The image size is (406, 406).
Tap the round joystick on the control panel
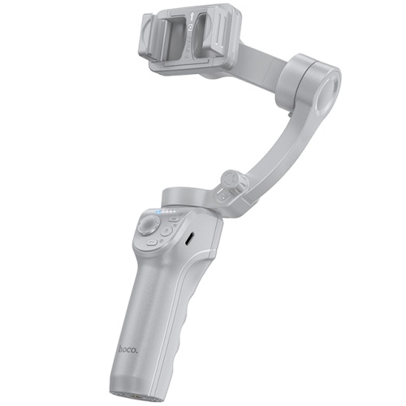(x=148, y=225)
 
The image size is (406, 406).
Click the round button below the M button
(x=166, y=231)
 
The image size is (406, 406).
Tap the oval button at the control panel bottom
(x=152, y=243)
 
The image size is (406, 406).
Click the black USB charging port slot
(x=189, y=239)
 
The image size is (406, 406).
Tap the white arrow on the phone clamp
(x=192, y=17)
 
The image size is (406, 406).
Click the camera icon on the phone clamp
(x=191, y=27)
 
